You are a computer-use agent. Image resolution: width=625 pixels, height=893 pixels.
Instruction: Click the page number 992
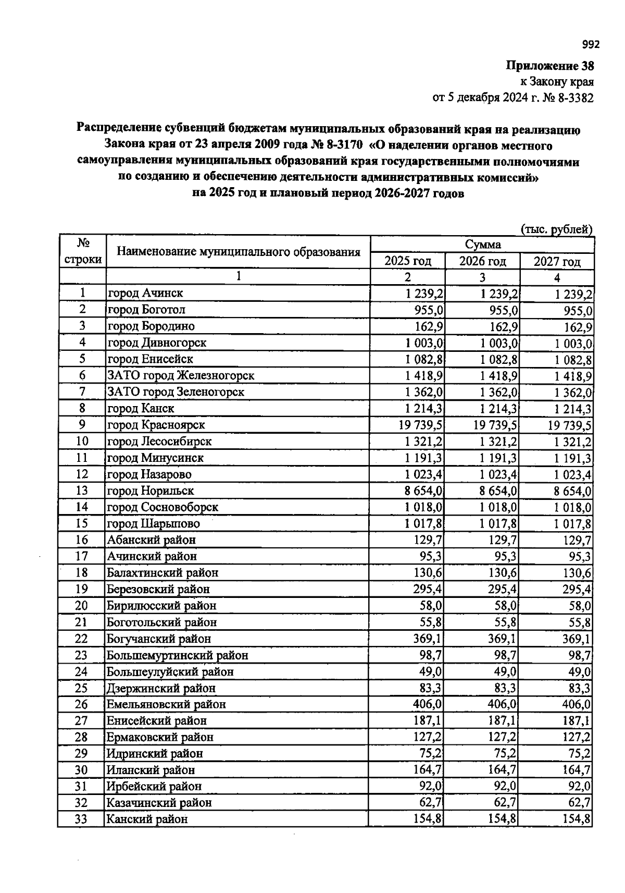point(591,44)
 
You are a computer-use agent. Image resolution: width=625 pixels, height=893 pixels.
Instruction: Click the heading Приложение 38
point(549,66)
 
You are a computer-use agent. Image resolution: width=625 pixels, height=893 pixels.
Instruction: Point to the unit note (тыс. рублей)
point(556,229)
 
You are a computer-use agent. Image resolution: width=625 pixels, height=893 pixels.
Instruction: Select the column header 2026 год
point(482,261)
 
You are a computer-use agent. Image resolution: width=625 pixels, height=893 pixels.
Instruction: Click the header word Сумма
point(482,244)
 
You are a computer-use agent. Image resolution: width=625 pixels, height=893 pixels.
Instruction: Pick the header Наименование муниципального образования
point(239,252)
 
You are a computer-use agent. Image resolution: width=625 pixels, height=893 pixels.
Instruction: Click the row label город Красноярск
point(156,425)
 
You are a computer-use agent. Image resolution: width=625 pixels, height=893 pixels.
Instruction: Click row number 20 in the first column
point(82,606)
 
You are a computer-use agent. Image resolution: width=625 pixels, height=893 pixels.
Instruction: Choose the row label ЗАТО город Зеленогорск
point(176,392)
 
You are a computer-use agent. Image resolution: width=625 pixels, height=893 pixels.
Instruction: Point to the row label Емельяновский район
point(166,705)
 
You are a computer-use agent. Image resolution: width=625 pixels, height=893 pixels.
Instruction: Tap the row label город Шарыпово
point(153,523)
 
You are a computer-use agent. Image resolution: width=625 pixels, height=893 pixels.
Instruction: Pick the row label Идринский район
point(155,754)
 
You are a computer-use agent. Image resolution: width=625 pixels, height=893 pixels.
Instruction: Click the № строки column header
point(82,252)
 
